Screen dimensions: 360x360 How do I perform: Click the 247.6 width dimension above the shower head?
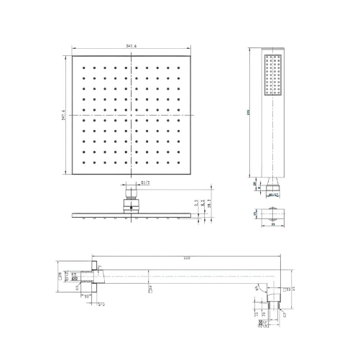tap(130, 46)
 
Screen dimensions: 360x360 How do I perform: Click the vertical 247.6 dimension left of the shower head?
tap(63, 116)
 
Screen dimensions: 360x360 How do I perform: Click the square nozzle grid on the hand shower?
tap(271, 75)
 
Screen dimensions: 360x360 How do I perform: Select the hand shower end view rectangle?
tap(271, 213)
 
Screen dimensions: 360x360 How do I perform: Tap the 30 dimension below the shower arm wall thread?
tap(87, 296)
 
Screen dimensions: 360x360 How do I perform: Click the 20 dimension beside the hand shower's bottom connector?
tap(254, 183)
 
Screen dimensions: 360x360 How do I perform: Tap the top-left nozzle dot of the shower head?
tap(85, 70)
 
